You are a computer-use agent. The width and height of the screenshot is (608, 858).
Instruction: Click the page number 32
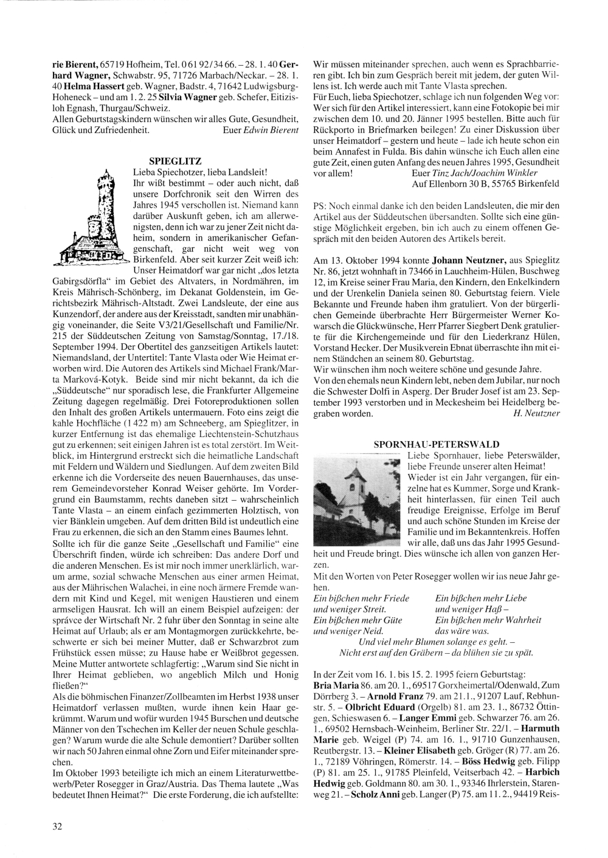click(57, 826)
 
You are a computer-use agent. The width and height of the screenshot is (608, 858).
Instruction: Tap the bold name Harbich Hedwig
click(435, 777)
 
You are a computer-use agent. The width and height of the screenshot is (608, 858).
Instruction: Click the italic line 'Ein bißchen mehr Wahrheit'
click(488, 620)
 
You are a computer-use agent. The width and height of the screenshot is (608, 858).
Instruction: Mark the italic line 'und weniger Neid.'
click(343, 631)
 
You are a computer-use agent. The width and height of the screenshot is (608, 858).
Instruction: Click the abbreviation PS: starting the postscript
click(319, 205)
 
